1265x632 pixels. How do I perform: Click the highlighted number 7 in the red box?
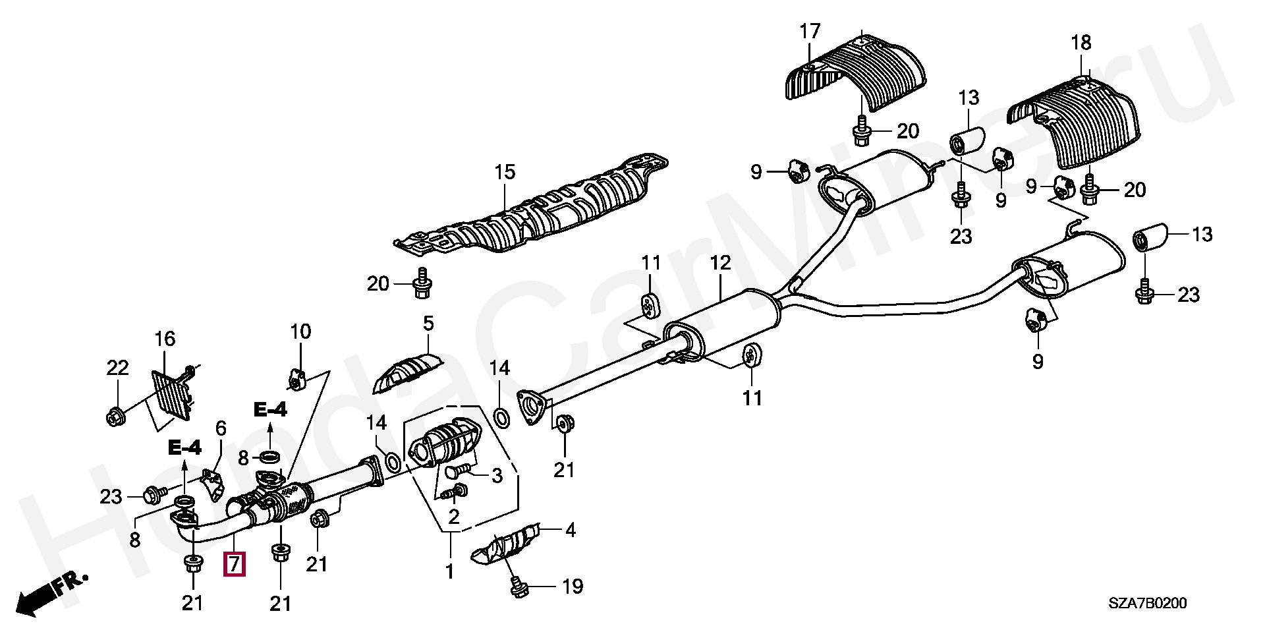(234, 564)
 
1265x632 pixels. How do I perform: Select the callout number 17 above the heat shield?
(810, 31)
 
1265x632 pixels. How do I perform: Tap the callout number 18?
(1081, 43)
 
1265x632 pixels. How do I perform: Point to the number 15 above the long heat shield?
(505, 173)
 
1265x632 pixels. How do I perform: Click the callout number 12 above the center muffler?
(720, 264)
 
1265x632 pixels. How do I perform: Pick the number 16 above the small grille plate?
(165, 339)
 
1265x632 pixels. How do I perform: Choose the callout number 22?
(117, 368)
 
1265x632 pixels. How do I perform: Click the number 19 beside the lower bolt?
(573, 587)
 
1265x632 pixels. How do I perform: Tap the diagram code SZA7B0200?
(1147, 603)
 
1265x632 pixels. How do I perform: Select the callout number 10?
(300, 331)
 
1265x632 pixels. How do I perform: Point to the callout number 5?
(428, 324)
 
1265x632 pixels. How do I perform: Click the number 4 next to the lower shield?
(570, 530)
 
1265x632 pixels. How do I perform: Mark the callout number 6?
(221, 429)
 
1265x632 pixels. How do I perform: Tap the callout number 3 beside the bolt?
(497, 475)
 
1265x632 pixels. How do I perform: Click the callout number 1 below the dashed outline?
(449, 571)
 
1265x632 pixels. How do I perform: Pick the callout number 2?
(453, 517)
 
